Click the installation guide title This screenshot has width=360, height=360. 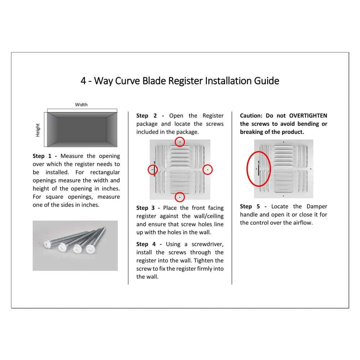[180, 80]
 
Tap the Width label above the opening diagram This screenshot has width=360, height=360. [81, 105]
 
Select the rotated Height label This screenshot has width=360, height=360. [38, 130]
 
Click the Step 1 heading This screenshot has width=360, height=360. [44, 156]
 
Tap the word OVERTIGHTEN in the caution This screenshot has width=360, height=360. [308, 116]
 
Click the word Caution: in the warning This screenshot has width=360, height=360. [251, 116]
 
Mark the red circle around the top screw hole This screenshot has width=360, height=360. [180, 142]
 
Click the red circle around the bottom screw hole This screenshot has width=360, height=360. [180, 197]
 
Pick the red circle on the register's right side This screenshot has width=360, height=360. [208, 169]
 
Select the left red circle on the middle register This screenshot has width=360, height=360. [153, 169]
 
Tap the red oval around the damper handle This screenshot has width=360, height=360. [258, 168]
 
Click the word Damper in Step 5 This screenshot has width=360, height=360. [316, 206]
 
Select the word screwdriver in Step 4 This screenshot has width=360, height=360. [207, 244]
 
